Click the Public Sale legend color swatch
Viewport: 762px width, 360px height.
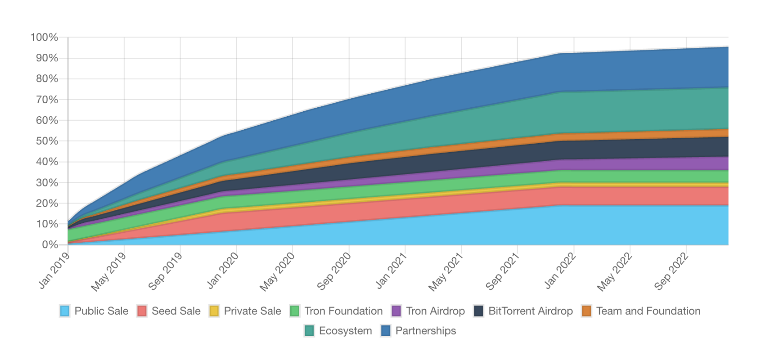(65, 311)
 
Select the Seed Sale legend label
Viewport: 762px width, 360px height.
(176, 311)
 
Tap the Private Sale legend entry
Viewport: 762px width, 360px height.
(252, 311)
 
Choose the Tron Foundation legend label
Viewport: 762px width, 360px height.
(343, 311)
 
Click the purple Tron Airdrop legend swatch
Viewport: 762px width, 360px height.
(397, 311)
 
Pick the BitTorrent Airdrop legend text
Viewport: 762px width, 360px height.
(531, 311)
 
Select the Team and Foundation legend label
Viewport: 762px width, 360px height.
(648, 311)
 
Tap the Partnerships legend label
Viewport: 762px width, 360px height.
(425, 331)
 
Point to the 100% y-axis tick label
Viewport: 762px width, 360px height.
(44, 37)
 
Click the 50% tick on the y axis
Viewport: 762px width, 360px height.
(47, 141)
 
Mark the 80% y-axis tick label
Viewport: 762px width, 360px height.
(47, 79)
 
